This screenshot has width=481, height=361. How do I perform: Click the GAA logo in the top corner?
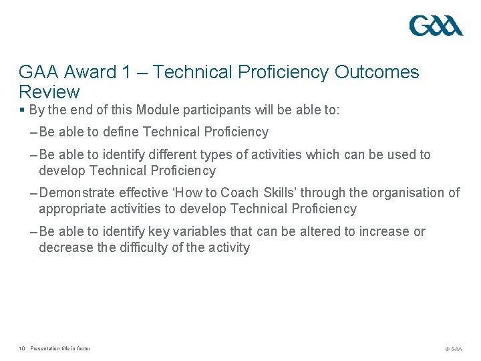436,26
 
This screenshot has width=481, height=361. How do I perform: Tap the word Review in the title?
49,92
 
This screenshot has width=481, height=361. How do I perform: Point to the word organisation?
409,193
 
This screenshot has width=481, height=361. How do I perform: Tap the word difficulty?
155,248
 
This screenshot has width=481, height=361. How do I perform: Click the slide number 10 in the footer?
22,348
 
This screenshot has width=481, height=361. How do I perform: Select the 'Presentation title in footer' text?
60,348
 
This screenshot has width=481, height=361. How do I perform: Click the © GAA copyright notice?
453,349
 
